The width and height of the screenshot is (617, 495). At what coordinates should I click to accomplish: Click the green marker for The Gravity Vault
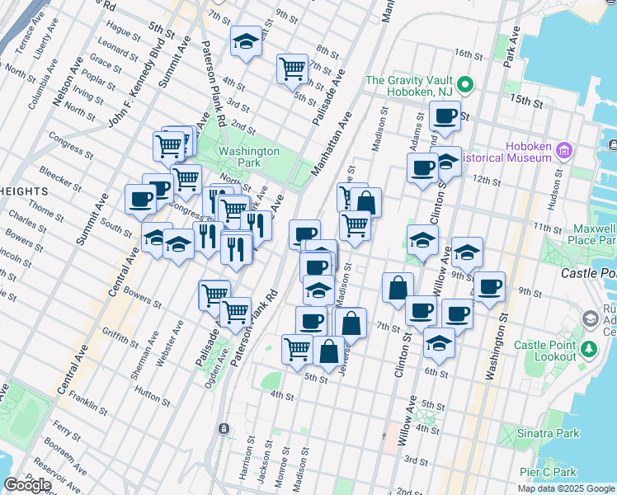[x=465, y=85]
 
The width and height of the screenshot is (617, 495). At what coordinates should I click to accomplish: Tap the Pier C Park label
[x=548, y=472]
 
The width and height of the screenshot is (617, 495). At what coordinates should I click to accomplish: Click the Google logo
[x=27, y=485]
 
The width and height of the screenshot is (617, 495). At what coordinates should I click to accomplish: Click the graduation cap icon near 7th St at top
[x=246, y=41]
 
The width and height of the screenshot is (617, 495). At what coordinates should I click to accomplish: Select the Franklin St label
[x=88, y=404]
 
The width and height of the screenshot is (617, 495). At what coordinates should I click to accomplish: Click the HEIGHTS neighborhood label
[x=24, y=191]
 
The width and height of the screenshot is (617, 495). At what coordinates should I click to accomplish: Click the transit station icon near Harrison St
[x=224, y=429]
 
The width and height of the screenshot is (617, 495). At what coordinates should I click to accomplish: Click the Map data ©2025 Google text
[x=567, y=488]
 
